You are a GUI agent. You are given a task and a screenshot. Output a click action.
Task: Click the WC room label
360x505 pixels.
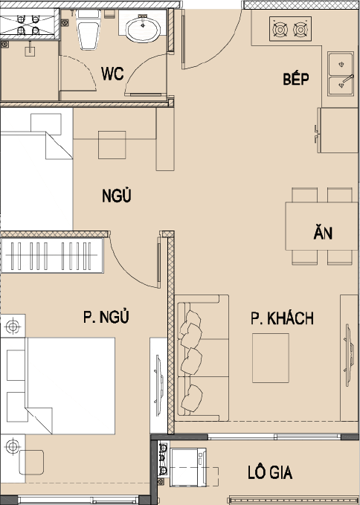pos(112,74)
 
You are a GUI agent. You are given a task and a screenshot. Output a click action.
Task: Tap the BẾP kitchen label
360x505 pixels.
pos(296,78)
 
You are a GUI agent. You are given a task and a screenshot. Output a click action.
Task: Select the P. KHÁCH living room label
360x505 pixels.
pos(282,318)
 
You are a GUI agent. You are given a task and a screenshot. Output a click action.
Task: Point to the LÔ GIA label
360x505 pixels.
pos(270,472)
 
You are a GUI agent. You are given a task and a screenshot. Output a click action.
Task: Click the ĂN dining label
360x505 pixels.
pos(323,232)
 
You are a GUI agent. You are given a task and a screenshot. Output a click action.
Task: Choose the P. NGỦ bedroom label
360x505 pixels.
pos(106,317)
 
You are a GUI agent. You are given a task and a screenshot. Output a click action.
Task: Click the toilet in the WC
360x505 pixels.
pos(89,29)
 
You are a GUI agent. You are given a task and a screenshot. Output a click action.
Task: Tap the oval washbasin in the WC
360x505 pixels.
pos(143,30)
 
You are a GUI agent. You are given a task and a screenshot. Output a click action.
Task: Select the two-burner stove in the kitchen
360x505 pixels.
pos(290,29)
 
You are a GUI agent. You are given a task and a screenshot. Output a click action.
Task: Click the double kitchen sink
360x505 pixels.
pos(341,74)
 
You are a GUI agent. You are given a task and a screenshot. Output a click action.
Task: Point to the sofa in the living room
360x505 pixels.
pos(202,358)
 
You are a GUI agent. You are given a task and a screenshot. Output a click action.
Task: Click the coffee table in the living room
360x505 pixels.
pos(271,358)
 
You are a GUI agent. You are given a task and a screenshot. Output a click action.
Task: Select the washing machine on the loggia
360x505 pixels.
pos(188,467)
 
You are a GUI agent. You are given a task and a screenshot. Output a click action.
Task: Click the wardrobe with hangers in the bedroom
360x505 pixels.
pos(52,255)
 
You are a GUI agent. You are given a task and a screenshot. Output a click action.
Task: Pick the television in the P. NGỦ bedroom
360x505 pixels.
pos(158,385)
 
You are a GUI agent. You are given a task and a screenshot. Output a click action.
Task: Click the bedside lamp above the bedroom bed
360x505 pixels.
pos(13,327)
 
